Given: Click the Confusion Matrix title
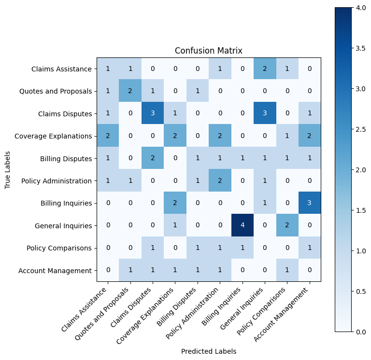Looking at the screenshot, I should (209, 51).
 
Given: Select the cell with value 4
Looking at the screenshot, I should (243, 225).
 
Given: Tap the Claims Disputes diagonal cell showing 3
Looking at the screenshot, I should (153, 113).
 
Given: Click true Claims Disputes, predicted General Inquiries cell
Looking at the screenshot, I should (265, 113).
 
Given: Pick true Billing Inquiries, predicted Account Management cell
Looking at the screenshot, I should (310, 203).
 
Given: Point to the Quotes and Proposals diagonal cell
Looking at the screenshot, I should (130, 91).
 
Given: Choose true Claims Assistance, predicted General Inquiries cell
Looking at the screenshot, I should (265, 69).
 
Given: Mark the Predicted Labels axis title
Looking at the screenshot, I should (209, 351).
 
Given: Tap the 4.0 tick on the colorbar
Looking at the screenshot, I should (361, 8).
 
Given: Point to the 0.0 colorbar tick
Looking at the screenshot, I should (361, 332).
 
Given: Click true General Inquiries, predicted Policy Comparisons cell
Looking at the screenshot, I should (287, 225).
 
